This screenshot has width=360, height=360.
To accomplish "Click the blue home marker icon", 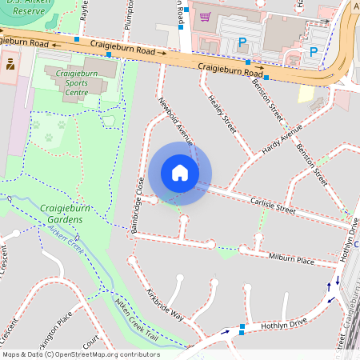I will point(180,173).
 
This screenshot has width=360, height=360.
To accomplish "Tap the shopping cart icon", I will point(206,16).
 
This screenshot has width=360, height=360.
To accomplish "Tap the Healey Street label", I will point(223,113).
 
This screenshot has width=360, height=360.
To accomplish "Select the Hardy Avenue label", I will point(281,138).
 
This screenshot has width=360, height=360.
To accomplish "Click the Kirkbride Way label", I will point(165,305).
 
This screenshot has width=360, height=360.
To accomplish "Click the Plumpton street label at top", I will point(129,11).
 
